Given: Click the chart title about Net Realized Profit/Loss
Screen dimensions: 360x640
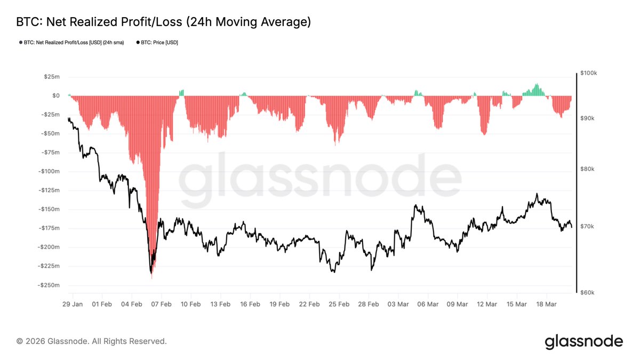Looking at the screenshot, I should (x=164, y=22).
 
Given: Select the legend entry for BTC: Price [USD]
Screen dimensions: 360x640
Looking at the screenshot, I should (x=157, y=42).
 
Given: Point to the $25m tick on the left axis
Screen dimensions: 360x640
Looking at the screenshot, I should (x=52, y=77).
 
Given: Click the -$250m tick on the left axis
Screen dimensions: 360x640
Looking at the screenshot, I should (x=49, y=285).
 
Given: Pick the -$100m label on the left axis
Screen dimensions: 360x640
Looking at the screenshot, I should (x=49, y=171).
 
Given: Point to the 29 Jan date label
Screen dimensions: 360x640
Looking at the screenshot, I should (x=73, y=304).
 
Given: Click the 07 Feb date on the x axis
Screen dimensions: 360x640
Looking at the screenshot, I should (x=161, y=304).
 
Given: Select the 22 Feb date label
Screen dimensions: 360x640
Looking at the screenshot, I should (x=309, y=304).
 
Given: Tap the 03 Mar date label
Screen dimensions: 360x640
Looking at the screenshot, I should (x=398, y=304).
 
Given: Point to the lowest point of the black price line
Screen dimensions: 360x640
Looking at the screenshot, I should (x=151, y=273).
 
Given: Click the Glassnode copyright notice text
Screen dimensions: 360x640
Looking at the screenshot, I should (x=91, y=341).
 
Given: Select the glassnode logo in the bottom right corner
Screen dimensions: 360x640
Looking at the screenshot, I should (x=583, y=341).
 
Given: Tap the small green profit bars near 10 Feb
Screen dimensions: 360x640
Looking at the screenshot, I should (x=181, y=92).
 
